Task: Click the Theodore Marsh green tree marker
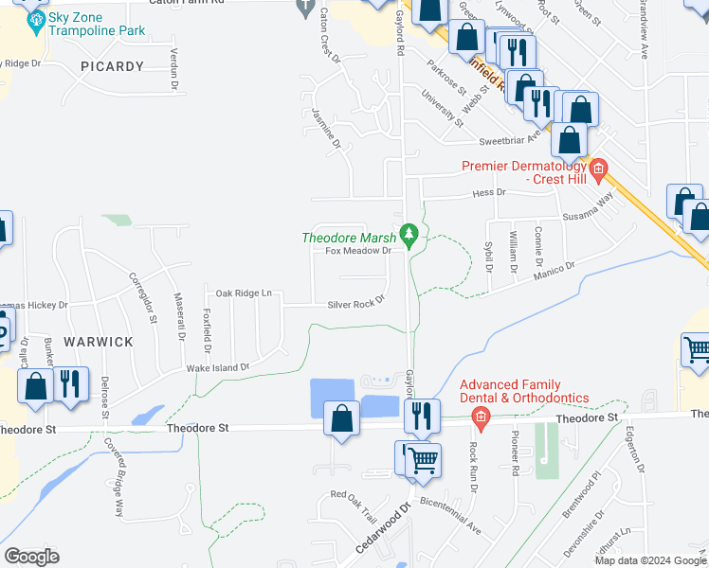pyautogui.click(x=409, y=234)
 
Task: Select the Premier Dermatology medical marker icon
pyautogui.click(x=598, y=170)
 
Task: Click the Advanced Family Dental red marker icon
pyautogui.click(x=482, y=417)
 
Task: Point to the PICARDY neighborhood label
pyautogui.click(x=113, y=66)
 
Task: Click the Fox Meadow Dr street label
pyautogui.click(x=358, y=251)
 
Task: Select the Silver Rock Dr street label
pyautogui.click(x=355, y=303)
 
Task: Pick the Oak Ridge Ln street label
pyautogui.click(x=244, y=293)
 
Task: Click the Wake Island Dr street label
pyautogui.click(x=217, y=366)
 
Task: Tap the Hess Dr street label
pyautogui.click(x=489, y=192)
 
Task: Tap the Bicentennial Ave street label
pyautogui.click(x=449, y=511)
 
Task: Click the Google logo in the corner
pyautogui.click(x=31, y=557)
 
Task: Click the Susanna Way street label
pyautogui.click(x=598, y=208)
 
